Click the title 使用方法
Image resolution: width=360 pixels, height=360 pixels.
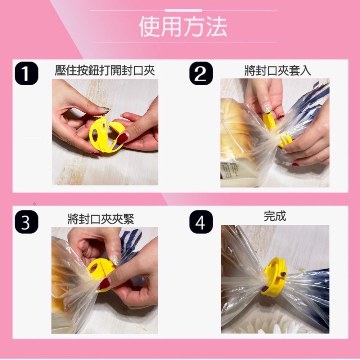(183, 27)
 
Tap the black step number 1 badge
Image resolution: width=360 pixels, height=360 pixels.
(26, 73)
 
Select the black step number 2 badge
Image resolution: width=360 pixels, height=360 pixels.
(201, 73)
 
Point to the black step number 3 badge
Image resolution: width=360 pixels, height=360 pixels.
(26, 222)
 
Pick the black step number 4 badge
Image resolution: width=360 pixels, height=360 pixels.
(201, 222)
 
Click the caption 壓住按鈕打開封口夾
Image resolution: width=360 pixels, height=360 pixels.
(105, 70)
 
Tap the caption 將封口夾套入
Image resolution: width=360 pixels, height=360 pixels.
(278, 70)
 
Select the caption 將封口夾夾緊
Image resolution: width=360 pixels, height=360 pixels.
(101, 219)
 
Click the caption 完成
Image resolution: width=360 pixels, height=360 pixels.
(275, 216)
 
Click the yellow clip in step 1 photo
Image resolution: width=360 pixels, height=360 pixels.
(106, 135)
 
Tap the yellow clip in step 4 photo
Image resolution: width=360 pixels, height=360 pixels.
(275, 277)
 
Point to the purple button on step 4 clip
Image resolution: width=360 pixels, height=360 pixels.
(283, 274)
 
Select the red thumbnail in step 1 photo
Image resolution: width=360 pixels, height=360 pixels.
(122, 138)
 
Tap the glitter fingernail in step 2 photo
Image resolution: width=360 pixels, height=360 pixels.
(267, 108)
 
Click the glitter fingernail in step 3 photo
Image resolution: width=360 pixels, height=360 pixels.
(116, 260)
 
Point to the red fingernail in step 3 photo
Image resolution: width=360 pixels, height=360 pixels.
(104, 283)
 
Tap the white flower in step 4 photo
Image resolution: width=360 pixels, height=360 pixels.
(273, 326)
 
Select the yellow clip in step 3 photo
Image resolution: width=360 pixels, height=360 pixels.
(101, 273)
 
